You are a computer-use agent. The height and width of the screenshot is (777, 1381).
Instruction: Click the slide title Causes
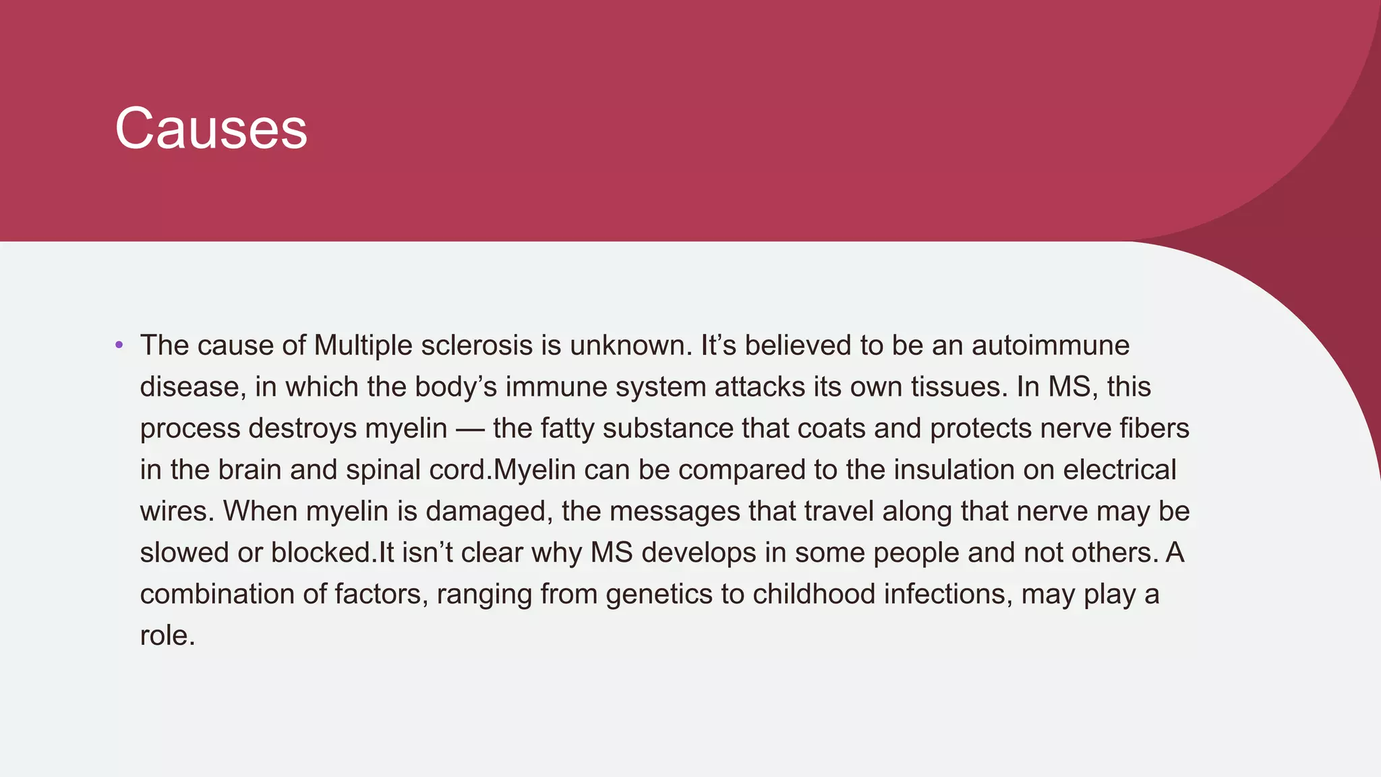click(211, 128)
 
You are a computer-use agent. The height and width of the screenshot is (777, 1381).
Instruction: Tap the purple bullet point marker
click(119, 345)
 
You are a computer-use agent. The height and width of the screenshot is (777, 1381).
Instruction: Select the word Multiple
click(363, 345)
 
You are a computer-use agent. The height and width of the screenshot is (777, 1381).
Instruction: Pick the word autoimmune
click(1050, 345)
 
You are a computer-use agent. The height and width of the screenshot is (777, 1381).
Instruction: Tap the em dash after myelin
click(470, 429)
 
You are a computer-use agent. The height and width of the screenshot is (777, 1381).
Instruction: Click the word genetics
click(659, 594)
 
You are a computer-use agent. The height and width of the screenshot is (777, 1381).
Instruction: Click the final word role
click(167, 635)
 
